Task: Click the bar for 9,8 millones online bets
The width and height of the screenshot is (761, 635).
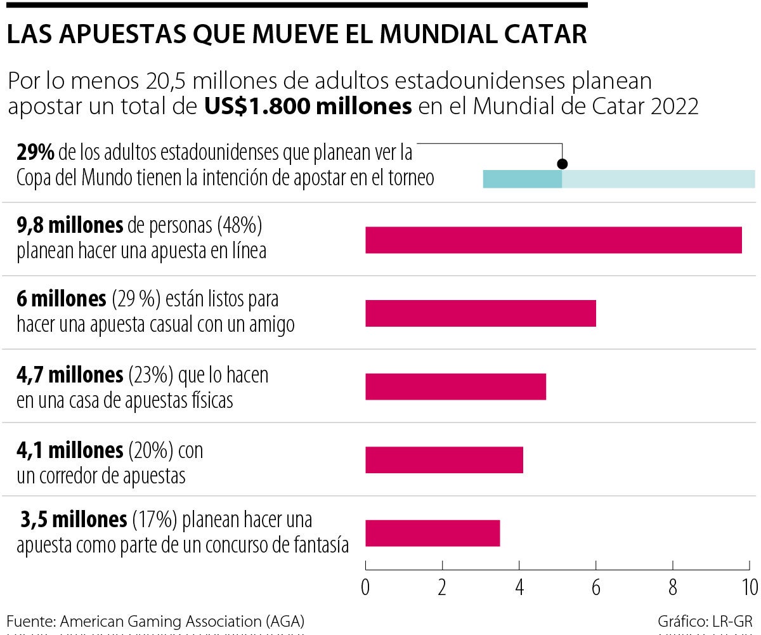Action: [553, 240]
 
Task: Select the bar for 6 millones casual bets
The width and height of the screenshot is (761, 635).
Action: [480, 313]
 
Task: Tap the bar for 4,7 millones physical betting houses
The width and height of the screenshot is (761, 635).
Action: [455, 386]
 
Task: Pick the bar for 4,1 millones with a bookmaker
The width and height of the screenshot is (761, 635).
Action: [444, 460]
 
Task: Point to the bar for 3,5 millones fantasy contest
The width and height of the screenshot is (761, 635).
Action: [433, 533]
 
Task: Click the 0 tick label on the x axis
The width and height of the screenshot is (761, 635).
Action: [365, 587]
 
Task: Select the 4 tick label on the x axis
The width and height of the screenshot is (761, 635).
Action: [519, 587]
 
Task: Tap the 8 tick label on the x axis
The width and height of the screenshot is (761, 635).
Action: [673, 587]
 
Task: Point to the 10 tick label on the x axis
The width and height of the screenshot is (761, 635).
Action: [748, 587]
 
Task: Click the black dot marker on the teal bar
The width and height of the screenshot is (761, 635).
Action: [562, 164]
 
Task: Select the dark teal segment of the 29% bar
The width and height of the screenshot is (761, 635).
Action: [522, 180]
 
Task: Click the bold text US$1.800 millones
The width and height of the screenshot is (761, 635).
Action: [308, 107]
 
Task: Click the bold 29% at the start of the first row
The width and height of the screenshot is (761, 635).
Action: [37, 153]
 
